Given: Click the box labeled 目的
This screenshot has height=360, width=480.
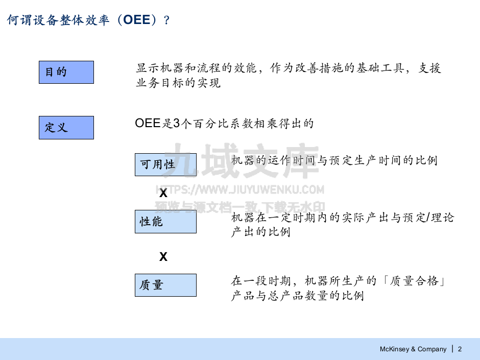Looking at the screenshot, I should pos(66,72).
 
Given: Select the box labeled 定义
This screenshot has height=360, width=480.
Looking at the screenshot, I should pos(66,127).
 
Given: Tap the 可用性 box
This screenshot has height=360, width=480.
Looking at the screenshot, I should pos(165,164).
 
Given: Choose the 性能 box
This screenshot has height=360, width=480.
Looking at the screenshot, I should pos(165,222).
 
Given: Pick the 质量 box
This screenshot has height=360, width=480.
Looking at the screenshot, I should pos(165,285).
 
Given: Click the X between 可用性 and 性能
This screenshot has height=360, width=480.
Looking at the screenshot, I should pos(163,194).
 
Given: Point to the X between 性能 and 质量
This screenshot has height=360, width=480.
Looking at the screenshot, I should pos(163,257).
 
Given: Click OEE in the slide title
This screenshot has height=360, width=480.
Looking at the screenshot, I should pos(137,20).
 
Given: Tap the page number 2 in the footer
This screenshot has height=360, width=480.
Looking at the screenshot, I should pos(460,349).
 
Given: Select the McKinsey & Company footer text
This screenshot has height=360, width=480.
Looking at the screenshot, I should pos(413,349).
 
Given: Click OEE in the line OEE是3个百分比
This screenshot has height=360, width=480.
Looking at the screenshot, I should pos(148,123).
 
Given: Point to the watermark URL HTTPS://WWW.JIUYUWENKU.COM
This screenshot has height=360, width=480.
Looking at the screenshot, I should pos(239,190).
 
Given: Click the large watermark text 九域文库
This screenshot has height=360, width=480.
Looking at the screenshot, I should pos(239,160).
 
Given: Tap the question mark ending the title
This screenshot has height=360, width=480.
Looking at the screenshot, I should pos(166,20).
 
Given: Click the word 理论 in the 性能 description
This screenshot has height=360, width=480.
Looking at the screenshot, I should pos(442,218).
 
